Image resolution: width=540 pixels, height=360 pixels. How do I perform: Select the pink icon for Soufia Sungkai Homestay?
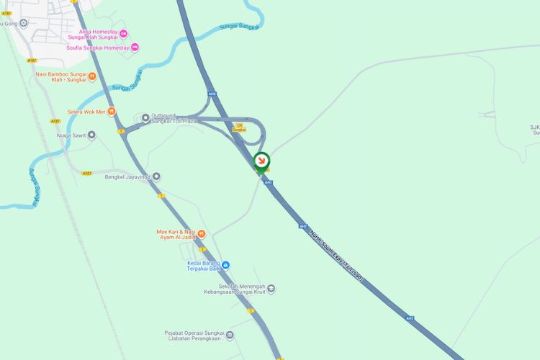coord(135,48)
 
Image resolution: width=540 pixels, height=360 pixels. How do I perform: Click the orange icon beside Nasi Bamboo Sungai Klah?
coord(91,77)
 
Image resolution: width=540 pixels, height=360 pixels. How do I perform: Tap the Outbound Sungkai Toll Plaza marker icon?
coord(145,117)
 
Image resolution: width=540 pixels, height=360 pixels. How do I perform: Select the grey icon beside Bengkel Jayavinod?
coord(156,176)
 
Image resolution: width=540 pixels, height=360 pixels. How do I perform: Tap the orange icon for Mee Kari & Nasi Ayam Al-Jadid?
coord(202,233)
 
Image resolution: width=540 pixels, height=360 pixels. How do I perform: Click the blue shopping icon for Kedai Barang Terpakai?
coord(225,265)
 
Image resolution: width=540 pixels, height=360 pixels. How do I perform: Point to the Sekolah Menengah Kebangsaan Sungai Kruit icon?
coord(271,289)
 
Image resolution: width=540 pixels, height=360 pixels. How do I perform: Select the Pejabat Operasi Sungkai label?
coord(194,336)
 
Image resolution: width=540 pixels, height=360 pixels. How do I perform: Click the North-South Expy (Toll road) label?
coord(336,248)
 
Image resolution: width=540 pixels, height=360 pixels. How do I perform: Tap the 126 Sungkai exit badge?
coord(239,127)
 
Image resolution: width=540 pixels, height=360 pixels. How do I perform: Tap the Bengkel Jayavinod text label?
coord(127,176)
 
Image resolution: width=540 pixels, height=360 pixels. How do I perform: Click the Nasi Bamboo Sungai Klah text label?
coord(60,77)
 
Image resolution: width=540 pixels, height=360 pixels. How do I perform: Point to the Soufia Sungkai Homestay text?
coord(97,48)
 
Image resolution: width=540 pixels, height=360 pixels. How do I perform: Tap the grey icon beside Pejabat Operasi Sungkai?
coord(230,336)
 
